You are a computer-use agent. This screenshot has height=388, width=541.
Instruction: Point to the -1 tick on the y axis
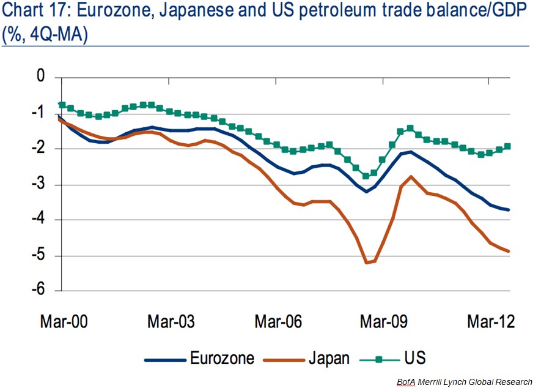38,113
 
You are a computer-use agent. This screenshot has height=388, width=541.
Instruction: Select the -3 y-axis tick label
38,184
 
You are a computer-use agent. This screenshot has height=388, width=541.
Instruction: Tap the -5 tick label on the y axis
38,255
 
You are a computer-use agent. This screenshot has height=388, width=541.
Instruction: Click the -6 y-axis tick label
38,291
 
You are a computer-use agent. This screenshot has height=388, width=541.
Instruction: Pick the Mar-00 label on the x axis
64,322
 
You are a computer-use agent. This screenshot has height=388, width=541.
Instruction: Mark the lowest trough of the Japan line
367,263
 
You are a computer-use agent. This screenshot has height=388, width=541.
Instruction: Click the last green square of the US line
507,146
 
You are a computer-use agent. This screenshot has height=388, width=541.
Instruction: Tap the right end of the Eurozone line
509,210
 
